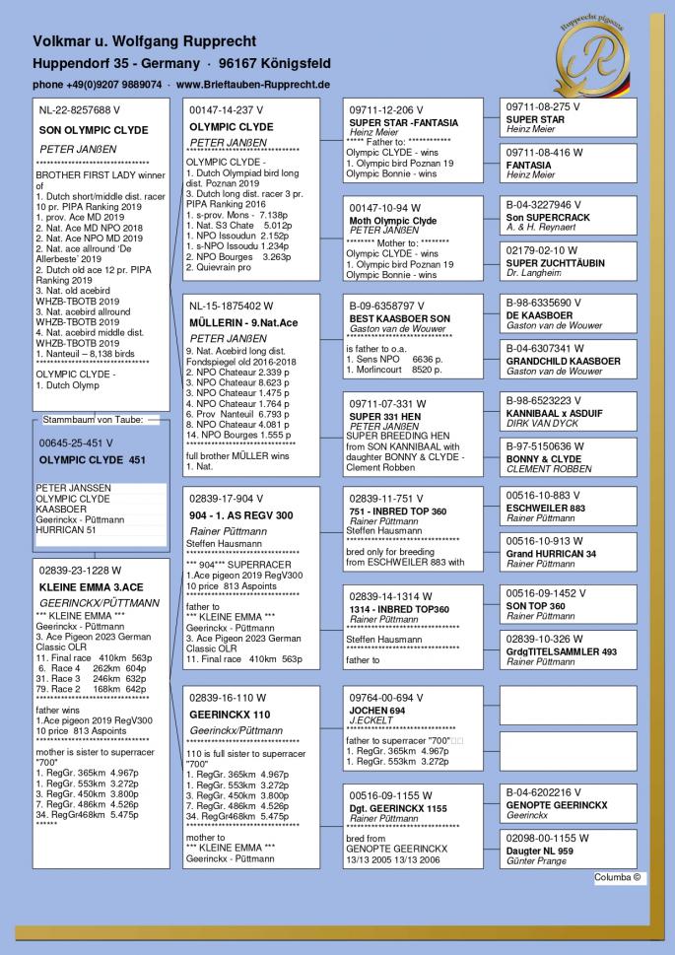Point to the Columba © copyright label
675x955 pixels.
pos(618,875)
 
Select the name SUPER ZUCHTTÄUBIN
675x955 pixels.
pos(557,262)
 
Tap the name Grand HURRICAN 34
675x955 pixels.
pos(552,554)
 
